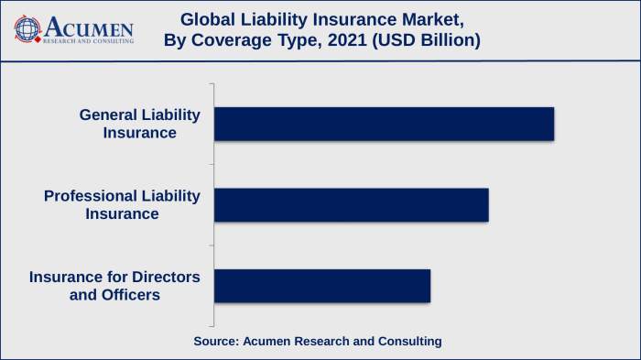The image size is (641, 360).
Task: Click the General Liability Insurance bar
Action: (384, 124)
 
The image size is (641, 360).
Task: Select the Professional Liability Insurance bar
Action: (351, 204)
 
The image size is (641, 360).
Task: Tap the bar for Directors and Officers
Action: (321, 285)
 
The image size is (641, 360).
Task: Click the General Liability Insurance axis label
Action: (139, 124)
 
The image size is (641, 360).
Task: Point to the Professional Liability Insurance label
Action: (122, 204)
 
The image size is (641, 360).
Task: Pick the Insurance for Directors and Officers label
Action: (114, 285)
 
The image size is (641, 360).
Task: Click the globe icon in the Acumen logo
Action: (28, 29)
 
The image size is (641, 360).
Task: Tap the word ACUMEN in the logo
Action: (88, 26)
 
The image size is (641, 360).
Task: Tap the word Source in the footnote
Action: (215, 341)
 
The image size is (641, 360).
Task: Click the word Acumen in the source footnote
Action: (267, 341)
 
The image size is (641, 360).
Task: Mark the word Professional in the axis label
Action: (90, 195)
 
